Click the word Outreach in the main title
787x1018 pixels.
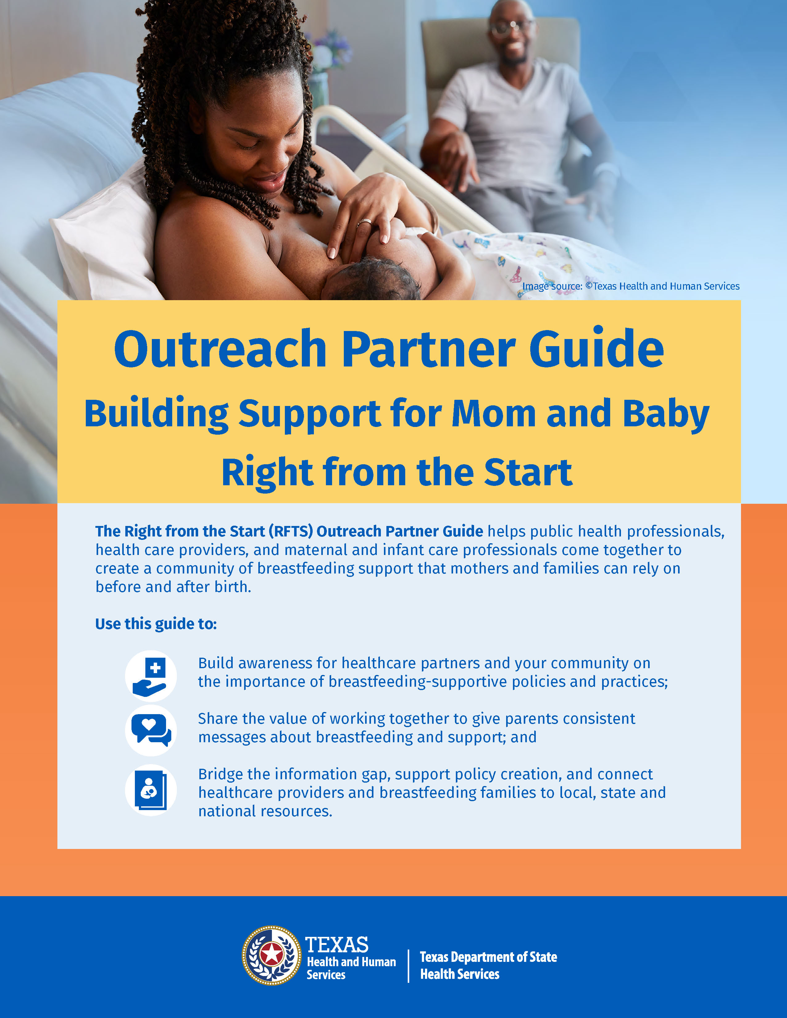[x=220, y=350]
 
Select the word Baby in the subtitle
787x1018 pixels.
[x=666, y=414]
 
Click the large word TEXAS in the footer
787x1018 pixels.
[x=337, y=945]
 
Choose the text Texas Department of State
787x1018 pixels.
[x=488, y=957]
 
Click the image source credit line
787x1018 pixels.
[x=630, y=286]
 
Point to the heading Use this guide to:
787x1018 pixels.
[x=156, y=624]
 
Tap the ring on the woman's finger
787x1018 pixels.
[x=364, y=222]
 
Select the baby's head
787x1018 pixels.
[x=373, y=280]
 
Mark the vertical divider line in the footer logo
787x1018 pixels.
[x=408, y=966]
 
